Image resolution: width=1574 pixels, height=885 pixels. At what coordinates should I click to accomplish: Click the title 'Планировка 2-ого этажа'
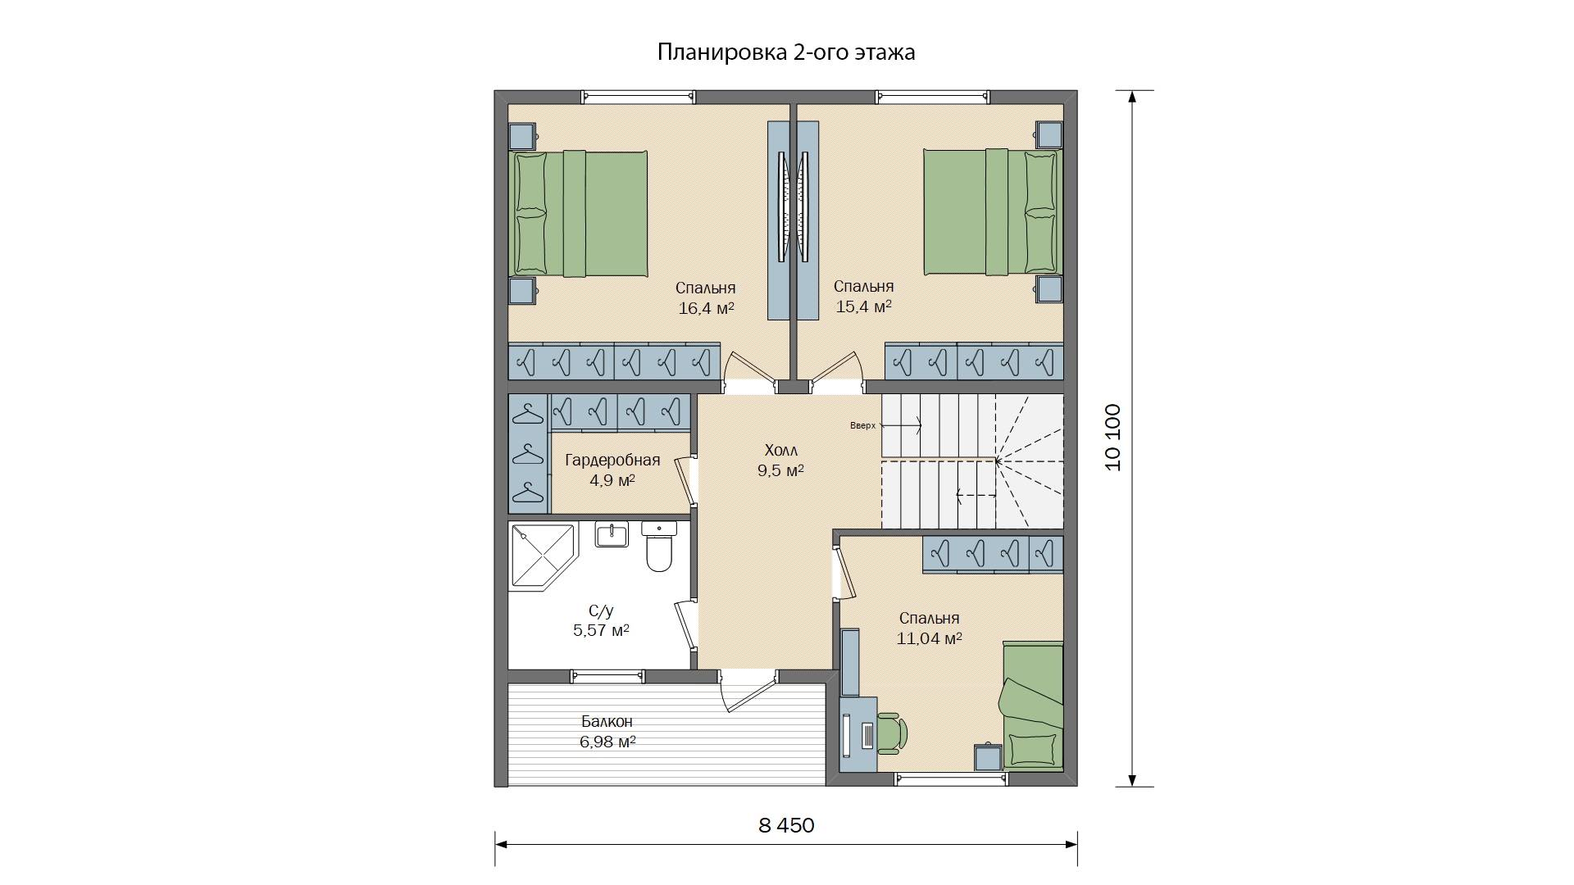786,52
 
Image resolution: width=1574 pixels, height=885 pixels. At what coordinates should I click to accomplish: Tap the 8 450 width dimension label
786,825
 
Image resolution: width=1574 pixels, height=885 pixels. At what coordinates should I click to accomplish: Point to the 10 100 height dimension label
1113,438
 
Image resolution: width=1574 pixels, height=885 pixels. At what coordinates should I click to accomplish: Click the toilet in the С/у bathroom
658,547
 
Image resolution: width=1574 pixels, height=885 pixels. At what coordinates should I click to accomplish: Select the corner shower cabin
544,556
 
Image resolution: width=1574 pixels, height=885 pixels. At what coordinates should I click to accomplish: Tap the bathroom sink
612,534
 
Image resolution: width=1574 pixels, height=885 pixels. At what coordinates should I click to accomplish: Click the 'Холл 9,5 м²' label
780,461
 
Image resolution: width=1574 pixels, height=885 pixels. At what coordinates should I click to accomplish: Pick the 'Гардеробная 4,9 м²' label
612,470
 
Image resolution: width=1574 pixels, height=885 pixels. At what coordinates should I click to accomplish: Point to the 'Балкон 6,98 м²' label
607,732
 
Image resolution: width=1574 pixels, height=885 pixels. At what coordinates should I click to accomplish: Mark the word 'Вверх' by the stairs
862,426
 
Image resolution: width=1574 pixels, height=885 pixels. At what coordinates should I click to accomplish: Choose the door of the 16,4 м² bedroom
749,370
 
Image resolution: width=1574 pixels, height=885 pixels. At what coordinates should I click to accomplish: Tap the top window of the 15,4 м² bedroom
932,97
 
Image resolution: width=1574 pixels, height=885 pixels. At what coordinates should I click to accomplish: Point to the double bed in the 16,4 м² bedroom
579,214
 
